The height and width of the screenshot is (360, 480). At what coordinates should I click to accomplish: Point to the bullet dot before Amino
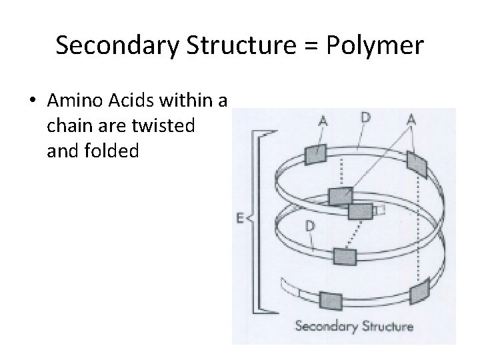33,102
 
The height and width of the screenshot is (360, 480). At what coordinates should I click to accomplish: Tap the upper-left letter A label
323,121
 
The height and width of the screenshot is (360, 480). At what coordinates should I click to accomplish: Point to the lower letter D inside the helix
310,225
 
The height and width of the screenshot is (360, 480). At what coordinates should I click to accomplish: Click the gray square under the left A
314,153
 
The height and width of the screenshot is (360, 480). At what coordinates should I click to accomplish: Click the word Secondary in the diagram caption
326,327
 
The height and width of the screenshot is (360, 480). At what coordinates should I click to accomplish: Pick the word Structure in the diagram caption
387,327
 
